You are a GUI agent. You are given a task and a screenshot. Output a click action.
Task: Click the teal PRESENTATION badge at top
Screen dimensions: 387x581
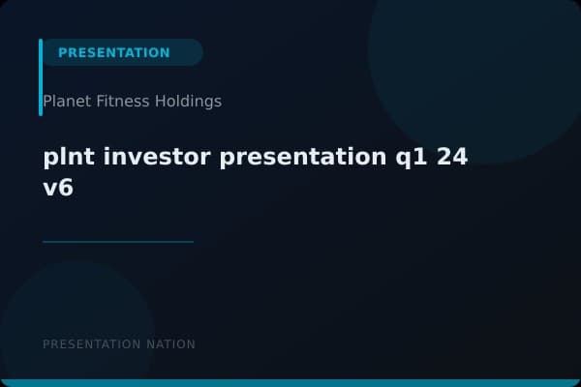tap(114, 52)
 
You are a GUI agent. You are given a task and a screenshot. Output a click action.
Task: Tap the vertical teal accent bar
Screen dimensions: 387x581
tap(41, 77)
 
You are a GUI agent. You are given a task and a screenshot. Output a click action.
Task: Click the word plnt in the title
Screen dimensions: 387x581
tap(67, 158)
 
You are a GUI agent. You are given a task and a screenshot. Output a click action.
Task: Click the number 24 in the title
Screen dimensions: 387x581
tap(452, 158)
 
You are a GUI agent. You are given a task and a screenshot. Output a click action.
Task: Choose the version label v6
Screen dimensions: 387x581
tap(58, 189)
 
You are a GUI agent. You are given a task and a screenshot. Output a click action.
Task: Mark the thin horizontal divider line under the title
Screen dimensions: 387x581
tap(118, 242)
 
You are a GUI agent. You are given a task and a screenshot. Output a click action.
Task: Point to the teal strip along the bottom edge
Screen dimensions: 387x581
tap(290, 383)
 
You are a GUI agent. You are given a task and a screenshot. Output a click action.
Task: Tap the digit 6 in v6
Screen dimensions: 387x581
tap(66, 189)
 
